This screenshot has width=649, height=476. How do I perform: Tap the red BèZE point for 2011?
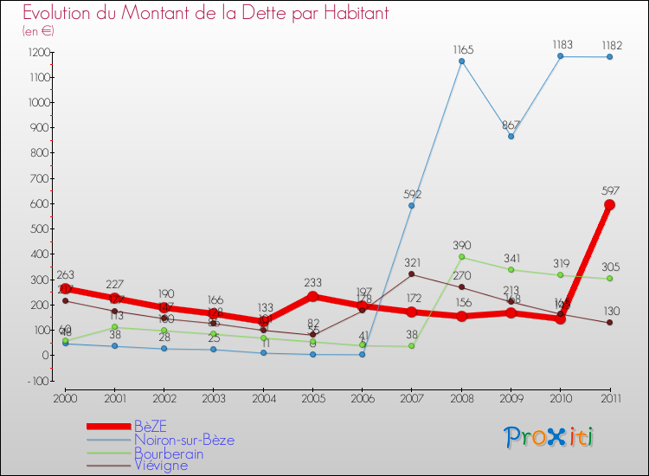(609, 205)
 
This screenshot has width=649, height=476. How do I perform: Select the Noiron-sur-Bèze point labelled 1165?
(461, 61)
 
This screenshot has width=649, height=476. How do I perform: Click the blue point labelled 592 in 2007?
(411, 206)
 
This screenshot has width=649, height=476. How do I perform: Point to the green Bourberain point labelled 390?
(461, 257)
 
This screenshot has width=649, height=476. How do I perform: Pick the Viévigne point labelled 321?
(411, 274)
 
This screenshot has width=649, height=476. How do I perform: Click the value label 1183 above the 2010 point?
(560, 45)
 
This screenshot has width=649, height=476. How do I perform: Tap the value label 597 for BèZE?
(609, 190)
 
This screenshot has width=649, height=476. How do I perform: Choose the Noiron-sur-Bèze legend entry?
(183, 440)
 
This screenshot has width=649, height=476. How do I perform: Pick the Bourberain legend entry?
(168, 453)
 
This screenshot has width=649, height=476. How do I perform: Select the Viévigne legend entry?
(160, 466)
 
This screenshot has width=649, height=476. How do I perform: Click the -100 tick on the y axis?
(38, 381)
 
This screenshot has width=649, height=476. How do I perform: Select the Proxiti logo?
(550, 437)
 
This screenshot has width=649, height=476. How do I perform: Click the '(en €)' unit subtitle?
(39, 31)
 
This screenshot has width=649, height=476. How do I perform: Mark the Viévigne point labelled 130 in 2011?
(609, 323)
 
